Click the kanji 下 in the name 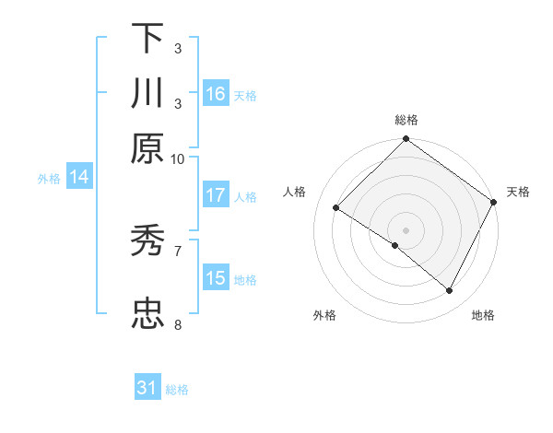click(x=147, y=39)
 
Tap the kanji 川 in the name click(x=147, y=94)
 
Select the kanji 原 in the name click(x=147, y=148)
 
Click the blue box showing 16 click(x=216, y=94)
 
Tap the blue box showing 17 click(x=216, y=195)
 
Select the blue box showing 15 click(x=216, y=278)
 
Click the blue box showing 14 click(x=79, y=178)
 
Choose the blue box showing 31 click(x=147, y=388)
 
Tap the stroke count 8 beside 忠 click(x=178, y=324)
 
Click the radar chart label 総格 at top click(x=406, y=121)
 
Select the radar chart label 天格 click(x=518, y=192)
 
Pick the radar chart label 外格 click(x=324, y=315)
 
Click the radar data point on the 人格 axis click(x=336, y=208)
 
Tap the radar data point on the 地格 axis click(x=450, y=291)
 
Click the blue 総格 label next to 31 click(x=177, y=390)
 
